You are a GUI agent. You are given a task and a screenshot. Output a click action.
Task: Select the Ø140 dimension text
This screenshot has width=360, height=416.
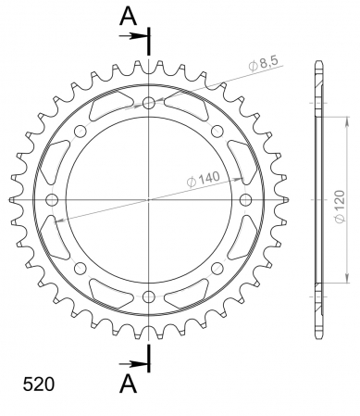pos(204,180)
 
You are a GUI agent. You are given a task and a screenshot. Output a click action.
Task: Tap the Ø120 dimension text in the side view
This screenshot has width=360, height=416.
pos(340,206)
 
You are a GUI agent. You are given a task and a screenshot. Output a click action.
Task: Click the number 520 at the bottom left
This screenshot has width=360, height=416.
pos(39,384)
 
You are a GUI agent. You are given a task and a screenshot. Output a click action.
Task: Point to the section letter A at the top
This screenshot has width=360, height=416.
pos(128,16)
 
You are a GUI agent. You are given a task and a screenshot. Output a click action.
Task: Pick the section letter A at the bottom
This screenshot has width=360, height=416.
pos(128,384)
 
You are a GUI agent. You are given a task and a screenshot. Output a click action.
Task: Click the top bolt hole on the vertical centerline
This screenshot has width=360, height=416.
pos(149,103)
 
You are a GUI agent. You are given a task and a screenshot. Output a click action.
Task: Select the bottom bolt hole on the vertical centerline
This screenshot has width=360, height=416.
pos(149,296)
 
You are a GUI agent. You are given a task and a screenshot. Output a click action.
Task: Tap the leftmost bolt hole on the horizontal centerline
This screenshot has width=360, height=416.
pos(52,200)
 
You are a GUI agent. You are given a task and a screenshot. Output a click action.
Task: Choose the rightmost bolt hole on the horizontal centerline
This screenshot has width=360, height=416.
pos(246,200)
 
